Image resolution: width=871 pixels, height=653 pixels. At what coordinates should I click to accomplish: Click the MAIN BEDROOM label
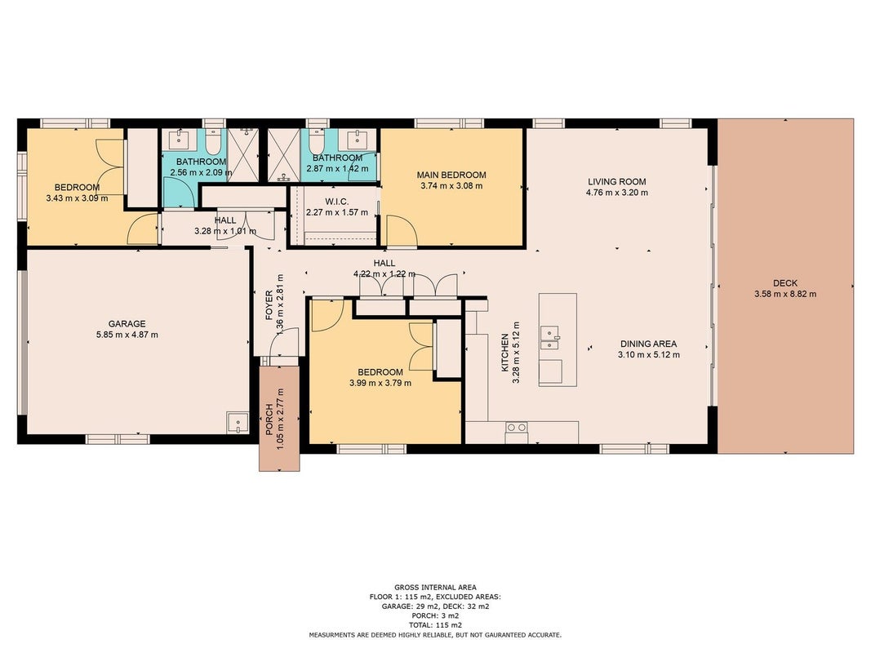pos(451,175)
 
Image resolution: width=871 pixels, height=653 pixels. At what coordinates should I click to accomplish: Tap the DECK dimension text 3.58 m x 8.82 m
pos(785,295)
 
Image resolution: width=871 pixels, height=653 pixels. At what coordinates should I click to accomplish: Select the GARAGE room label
pos(127,324)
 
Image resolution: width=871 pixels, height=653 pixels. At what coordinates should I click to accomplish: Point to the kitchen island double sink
pos(550,338)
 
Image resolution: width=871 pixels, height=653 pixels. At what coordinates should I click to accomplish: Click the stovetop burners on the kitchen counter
pos(517,428)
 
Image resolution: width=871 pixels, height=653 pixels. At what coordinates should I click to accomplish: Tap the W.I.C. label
pos(336,202)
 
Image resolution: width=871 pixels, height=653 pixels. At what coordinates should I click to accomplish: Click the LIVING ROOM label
pos(616,181)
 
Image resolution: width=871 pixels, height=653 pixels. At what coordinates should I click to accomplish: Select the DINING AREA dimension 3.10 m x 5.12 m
pos(648,355)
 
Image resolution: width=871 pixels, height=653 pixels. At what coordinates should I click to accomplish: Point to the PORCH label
pos(269,419)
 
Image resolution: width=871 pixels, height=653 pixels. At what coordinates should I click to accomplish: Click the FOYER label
pos(269,304)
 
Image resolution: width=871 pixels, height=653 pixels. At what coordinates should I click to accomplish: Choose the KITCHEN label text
pos(505,353)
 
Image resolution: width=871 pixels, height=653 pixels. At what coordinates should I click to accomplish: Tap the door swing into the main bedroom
pos(401,231)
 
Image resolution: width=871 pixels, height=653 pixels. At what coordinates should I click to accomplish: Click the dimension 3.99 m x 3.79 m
pos(380,383)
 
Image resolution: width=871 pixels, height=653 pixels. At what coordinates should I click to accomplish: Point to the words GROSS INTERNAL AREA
pos(436,588)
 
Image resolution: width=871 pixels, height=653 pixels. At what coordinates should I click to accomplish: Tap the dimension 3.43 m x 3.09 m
pos(78,198)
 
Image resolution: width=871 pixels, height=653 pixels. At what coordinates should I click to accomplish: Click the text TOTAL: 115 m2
pos(436,625)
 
